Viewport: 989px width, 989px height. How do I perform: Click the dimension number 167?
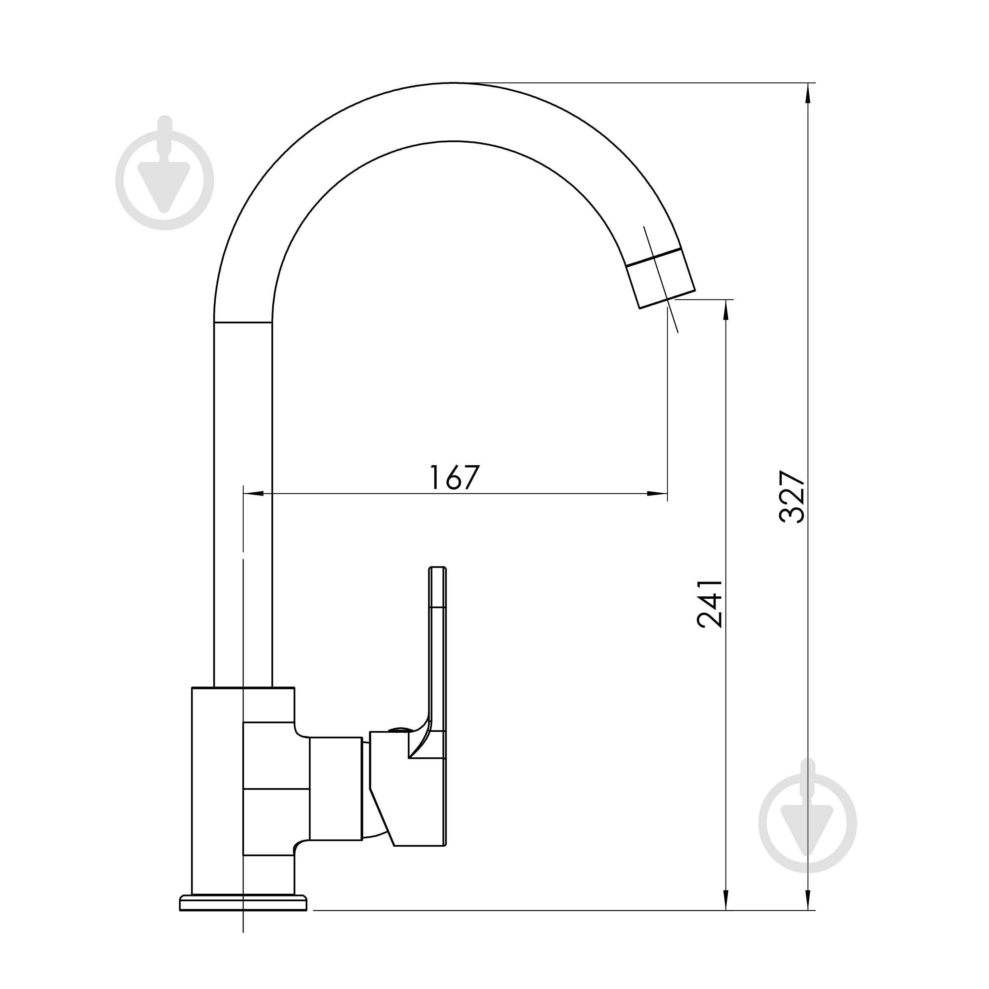tap(454, 478)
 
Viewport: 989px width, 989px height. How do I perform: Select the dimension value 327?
tap(792, 497)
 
